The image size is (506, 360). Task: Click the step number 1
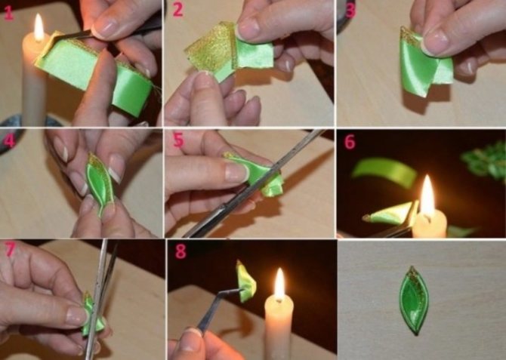[9, 11]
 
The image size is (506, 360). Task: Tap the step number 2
[177, 10]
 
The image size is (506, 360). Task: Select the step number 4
[9, 140]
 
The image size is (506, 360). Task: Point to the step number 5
[178, 141]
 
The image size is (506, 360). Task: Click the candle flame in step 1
[39, 28]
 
